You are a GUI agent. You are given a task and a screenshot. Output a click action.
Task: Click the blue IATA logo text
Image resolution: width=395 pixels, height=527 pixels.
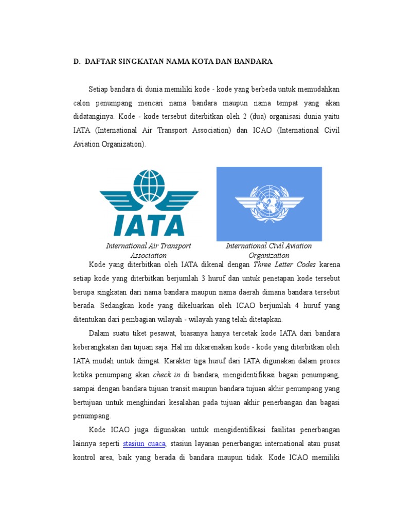tap(149, 224)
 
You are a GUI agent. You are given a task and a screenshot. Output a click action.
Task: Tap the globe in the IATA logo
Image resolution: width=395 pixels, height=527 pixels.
tap(149, 186)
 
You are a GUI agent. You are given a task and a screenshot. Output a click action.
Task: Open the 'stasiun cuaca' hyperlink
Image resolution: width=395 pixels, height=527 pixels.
tap(145, 443)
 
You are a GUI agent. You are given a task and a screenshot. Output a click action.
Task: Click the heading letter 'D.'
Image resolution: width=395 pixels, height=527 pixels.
tap(77, 62)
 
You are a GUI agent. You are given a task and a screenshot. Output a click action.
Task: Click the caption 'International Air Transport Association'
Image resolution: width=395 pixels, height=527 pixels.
tap(148, 251)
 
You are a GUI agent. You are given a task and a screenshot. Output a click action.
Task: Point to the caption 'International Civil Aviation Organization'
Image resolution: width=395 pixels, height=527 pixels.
tap(268, 251)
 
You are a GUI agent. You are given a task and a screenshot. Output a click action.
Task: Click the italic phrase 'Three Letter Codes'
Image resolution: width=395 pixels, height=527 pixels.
tap(284, 265)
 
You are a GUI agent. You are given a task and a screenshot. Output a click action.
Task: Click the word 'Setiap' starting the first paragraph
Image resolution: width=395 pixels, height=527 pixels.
tap(99, 89)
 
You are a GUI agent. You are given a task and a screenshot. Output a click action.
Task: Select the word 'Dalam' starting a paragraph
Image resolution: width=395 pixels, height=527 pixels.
tap(99, 332)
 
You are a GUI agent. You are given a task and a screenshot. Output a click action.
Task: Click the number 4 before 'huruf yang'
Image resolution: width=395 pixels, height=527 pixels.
tap(296, 305)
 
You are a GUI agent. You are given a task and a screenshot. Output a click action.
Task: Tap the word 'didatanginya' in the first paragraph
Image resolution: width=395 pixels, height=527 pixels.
tap(92, 117)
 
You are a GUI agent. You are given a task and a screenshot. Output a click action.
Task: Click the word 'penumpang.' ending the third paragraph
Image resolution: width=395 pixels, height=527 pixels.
tap(92, 415)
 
